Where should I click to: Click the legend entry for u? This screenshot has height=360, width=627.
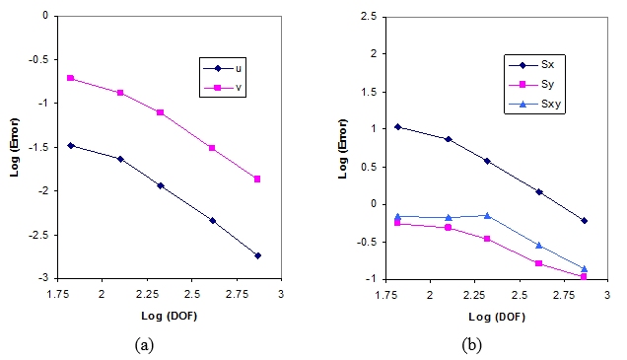point(229,68)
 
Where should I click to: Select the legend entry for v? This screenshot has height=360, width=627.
point(229,88)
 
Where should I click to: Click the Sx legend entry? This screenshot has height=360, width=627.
point(537,63)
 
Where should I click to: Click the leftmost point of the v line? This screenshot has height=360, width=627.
point(71,78)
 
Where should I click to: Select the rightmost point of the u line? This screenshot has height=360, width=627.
point(257,255)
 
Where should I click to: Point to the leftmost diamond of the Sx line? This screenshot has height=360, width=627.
point(398,126)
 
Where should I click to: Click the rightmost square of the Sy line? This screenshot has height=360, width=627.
point(584,277)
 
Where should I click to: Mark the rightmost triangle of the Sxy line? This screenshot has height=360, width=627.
point(584,268)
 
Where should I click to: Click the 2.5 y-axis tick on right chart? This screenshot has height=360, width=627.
point(367,17)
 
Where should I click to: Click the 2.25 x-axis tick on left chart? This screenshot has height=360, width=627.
point(145,294)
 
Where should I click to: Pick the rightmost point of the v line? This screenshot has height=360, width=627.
point(257,179)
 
